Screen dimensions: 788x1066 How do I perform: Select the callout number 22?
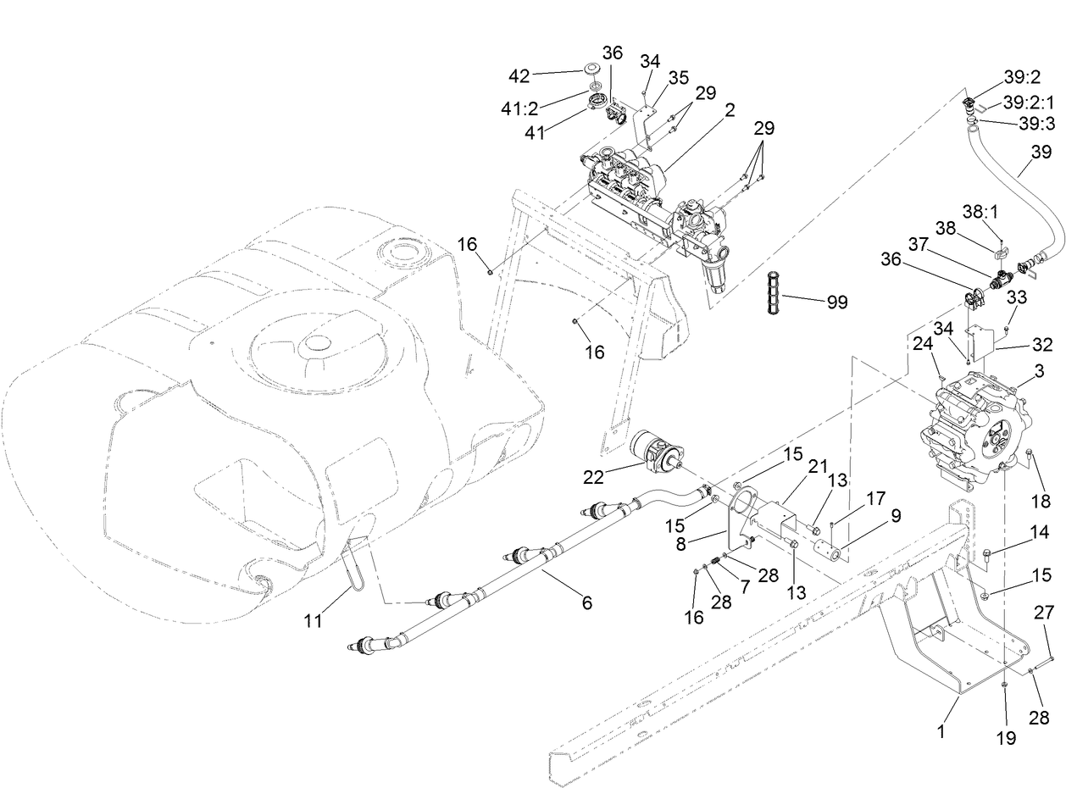[593, 478]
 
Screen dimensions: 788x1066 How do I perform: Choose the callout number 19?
[1005, 738]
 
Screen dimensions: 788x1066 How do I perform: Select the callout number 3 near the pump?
[1039, 371]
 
